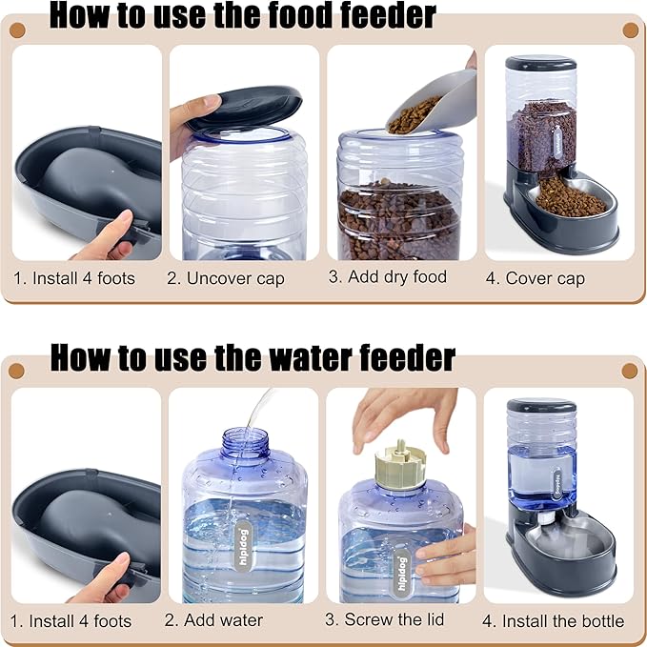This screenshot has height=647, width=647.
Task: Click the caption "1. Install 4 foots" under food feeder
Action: pyautogui.click(x=74, y=279)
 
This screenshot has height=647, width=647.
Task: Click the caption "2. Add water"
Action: pyautogui.click(x=213, y=620)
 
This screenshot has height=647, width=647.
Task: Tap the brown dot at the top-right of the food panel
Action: pyautogui.click(x=630, y=30)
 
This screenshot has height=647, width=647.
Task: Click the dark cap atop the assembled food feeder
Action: pyautogui.click(x=540, y=64)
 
